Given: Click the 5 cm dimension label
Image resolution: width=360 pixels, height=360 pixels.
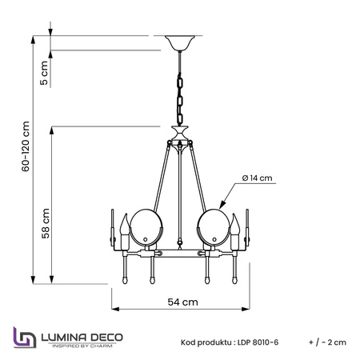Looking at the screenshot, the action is tap(44, 73).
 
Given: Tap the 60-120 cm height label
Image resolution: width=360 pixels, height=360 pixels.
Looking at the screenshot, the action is tap(26, 146).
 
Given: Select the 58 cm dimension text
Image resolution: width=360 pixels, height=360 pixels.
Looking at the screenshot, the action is tap(46, 223).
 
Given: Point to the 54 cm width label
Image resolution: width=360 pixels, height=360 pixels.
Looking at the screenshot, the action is tap(183, 302).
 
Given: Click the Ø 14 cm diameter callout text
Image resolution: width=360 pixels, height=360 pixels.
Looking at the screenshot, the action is tap(258, 178).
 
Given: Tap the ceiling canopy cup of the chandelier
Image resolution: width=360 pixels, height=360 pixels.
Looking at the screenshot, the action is tap(180, 43).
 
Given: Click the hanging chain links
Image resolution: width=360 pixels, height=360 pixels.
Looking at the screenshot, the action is tap(180, 98).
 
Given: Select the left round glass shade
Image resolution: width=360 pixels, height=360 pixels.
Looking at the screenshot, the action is tap(146, 227).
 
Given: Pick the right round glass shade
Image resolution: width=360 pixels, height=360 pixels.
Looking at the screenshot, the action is tap(214, 227).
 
